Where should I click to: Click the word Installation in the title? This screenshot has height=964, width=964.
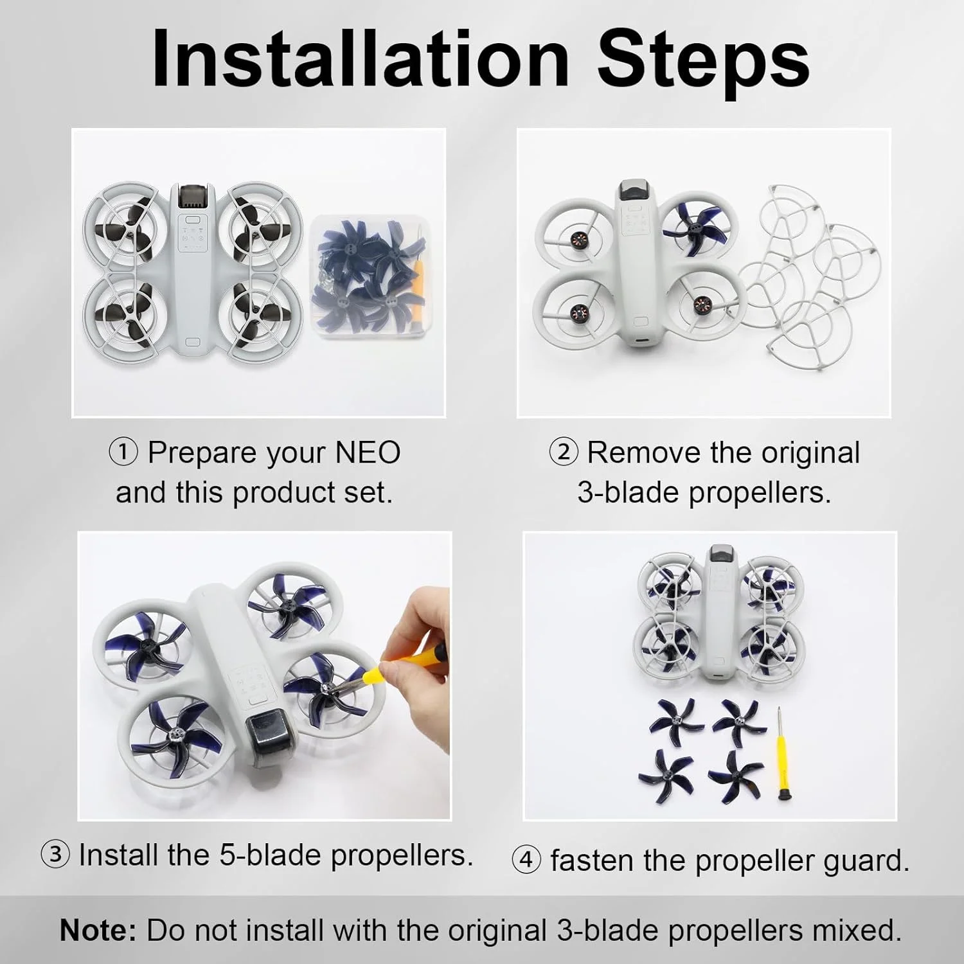coord(361,58)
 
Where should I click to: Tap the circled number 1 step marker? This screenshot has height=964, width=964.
coord(123,452)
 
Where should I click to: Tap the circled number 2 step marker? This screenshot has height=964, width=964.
coord(563,452)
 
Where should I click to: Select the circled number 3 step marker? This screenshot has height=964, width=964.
coord(55,855)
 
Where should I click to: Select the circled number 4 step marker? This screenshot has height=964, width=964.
coord(526,860)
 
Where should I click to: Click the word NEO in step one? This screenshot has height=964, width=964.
coord(368,452)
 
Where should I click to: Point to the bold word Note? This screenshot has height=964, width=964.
coord(98,930)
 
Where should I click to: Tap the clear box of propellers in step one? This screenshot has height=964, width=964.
coord(368,276)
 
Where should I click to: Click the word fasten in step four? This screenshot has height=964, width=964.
coord(592,861)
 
